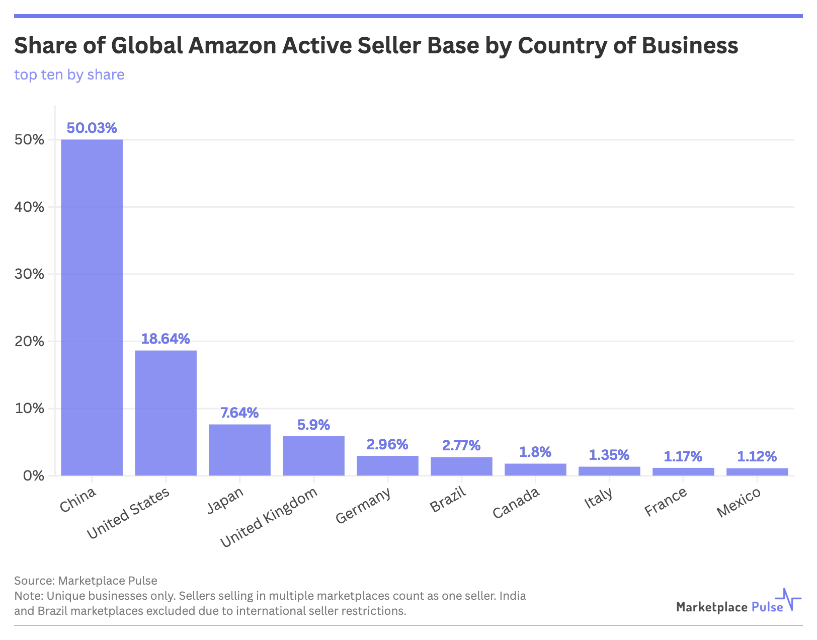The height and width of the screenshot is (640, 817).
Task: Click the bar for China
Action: coord(92,307)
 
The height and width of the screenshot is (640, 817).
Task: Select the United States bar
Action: coord(166,413)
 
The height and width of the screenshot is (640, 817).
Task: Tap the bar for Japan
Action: coord(239,450)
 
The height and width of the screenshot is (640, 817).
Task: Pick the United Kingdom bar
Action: coord(313,455)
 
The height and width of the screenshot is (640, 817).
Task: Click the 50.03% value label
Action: coord(92,128)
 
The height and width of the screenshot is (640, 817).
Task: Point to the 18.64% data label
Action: coord(166,339)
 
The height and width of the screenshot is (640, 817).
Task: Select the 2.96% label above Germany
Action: coord(387,444)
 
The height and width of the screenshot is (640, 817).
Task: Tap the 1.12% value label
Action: coord(757,456)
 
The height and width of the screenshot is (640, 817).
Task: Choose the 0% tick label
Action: coord(34,475)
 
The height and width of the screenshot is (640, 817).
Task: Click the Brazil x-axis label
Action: coord(448,499)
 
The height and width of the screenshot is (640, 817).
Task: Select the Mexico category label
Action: coord(739,503)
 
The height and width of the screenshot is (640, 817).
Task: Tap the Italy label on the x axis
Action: coord(599,498)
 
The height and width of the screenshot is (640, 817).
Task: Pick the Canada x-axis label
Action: coord(516,503)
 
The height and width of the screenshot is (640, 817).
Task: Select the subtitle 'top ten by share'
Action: coord(69,74)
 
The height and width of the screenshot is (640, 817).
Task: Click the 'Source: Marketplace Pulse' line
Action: coord(86,581)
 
